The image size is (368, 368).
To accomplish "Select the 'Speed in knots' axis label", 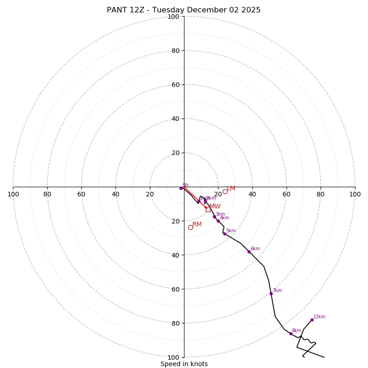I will coord(184,364).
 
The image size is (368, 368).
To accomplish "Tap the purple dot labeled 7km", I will coord(271,293).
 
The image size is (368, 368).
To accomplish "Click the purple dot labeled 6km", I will coord(249,252).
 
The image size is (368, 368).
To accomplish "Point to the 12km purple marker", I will coord(312,320).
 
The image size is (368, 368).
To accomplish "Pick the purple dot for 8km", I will coord(291,333).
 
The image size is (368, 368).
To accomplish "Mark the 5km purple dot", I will coord(224,234).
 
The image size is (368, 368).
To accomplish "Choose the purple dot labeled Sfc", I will coord(181,188).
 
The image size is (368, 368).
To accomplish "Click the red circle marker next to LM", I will coord(225,191).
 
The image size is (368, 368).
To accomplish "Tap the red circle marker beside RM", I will coord(190,227).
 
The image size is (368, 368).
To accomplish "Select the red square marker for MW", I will coord(208,209).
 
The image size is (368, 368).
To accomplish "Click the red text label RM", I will coord(197,224).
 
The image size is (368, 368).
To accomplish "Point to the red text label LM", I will coord(231,189).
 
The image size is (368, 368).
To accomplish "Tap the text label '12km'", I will coord(319,316).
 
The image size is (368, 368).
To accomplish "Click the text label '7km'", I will coord(277,291).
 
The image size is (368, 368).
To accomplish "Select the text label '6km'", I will coord(255,249).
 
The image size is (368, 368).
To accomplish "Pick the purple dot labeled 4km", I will coord(218,221).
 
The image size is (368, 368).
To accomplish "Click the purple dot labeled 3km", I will coord(214,217).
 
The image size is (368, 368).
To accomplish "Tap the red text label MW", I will coord(215,207).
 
